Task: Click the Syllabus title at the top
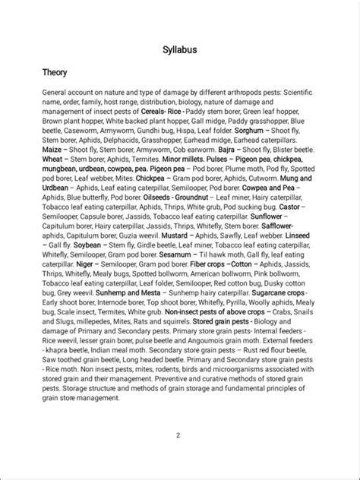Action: coord(180,49)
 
